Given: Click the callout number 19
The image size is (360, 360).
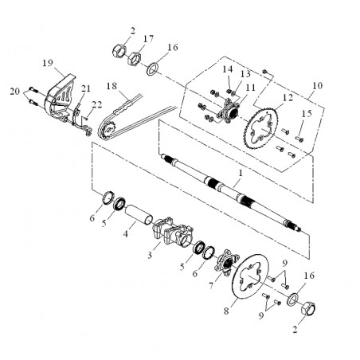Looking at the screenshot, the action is tap(48, 63).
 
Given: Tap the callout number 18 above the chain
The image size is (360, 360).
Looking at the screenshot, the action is tap(112, 86).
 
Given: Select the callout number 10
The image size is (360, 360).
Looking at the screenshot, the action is tap(318, 85).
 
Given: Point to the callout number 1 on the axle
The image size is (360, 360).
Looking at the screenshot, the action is tap(241, 173).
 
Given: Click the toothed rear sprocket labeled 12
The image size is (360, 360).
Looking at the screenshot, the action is tap(262, 129).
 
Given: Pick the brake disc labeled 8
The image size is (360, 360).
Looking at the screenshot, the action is tap(250, 277).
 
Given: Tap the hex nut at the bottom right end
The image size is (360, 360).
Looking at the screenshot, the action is tap(308, 308).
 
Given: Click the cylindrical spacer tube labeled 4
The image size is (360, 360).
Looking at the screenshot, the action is tap(139, 214).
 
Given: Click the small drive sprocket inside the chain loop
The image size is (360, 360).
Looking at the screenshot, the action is tap(108, 129).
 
